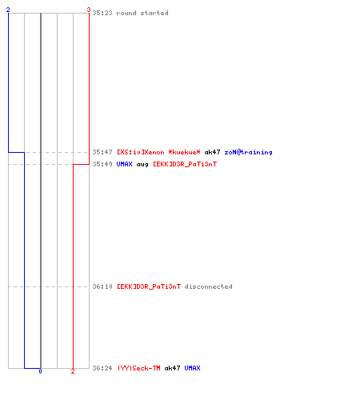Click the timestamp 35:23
pyautogui.click(x=102, y=13)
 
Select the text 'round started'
pyautogui.click(x=142, y=13)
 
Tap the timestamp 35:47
pyautogui.click(x=102, y=152)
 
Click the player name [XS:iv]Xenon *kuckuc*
pyautogui.click(x=158, y=152)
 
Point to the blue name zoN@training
pyautogui.click(x=248, y=152)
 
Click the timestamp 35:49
pyautogui.click(x=102, y=164)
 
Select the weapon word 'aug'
pyautogui.click(x=142, y=165)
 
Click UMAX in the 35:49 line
pyautogui.click(x=124, y=164)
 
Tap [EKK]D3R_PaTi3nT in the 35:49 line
pyautogui.click(x=185, y=164)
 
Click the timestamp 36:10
pyautogui.click(x=102, y=286)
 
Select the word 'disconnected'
pyautogui.click(x=208, y=286)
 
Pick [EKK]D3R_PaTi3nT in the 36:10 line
pyautogui.click(x=149, y=286)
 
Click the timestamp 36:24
pyautogui.click(x=102, y=368)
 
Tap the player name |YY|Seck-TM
pyautogui.click(x=139, y=368)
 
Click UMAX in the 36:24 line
pyautogui.click(x=192, y=368)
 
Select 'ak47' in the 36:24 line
pyautogui.click(x=172, y=368)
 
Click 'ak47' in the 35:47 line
pyautogui.click(x=212, y=152)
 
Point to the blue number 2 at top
pyautogui.click(x=8, y=10)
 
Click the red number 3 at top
pyautogui.click(x=89, y=10)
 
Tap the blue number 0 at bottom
pyautogui.click(x=40, y=371)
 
